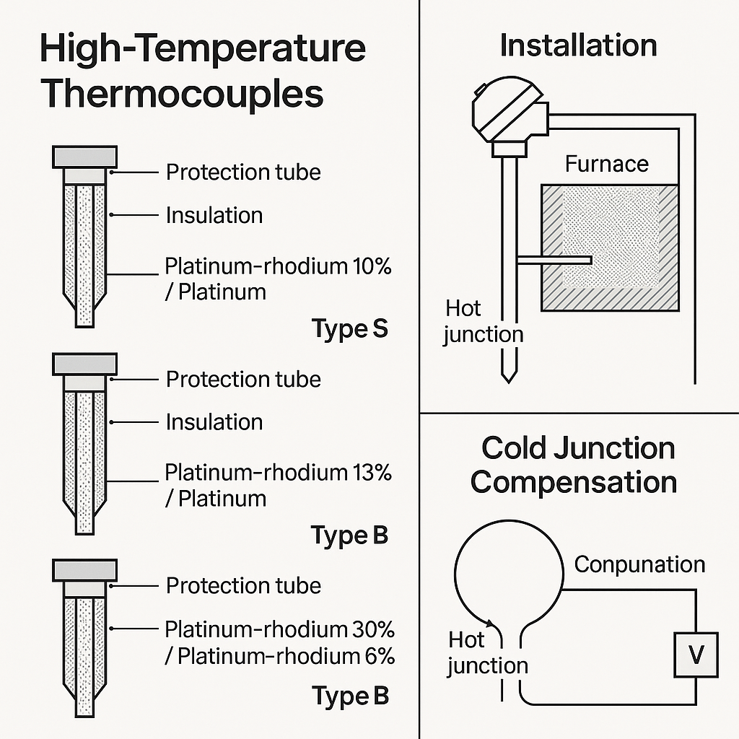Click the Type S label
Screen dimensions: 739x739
click(x=350, y=328)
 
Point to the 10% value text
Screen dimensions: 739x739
click(x=372, y=266)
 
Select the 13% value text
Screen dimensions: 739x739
click(x=372, y=472)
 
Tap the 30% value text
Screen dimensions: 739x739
click(x=374, y=629)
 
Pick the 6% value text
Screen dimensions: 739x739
click(x=380, y=656)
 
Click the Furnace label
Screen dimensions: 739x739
click(x=606, y=164)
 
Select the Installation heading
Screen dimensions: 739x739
click(x=578, y=45)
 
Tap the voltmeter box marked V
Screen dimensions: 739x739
click(x=696, y=655)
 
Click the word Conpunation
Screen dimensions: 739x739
click(x=639, y=564)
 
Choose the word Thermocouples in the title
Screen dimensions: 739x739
click(x=183, y=95)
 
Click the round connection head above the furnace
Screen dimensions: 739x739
click(x=508, y=110)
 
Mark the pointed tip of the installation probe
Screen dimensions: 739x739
click(x=509, y=382)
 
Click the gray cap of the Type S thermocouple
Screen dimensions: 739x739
click(x=85, y=157)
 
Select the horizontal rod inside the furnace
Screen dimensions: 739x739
click(x=554, y=260)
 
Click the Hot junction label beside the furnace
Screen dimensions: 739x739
click(x=483, y=322)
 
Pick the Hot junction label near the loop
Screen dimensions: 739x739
click(x=487, y=653)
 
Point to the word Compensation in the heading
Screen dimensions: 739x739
click(x=574, y=483)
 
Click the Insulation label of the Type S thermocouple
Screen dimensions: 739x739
click(x=214, y=215)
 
